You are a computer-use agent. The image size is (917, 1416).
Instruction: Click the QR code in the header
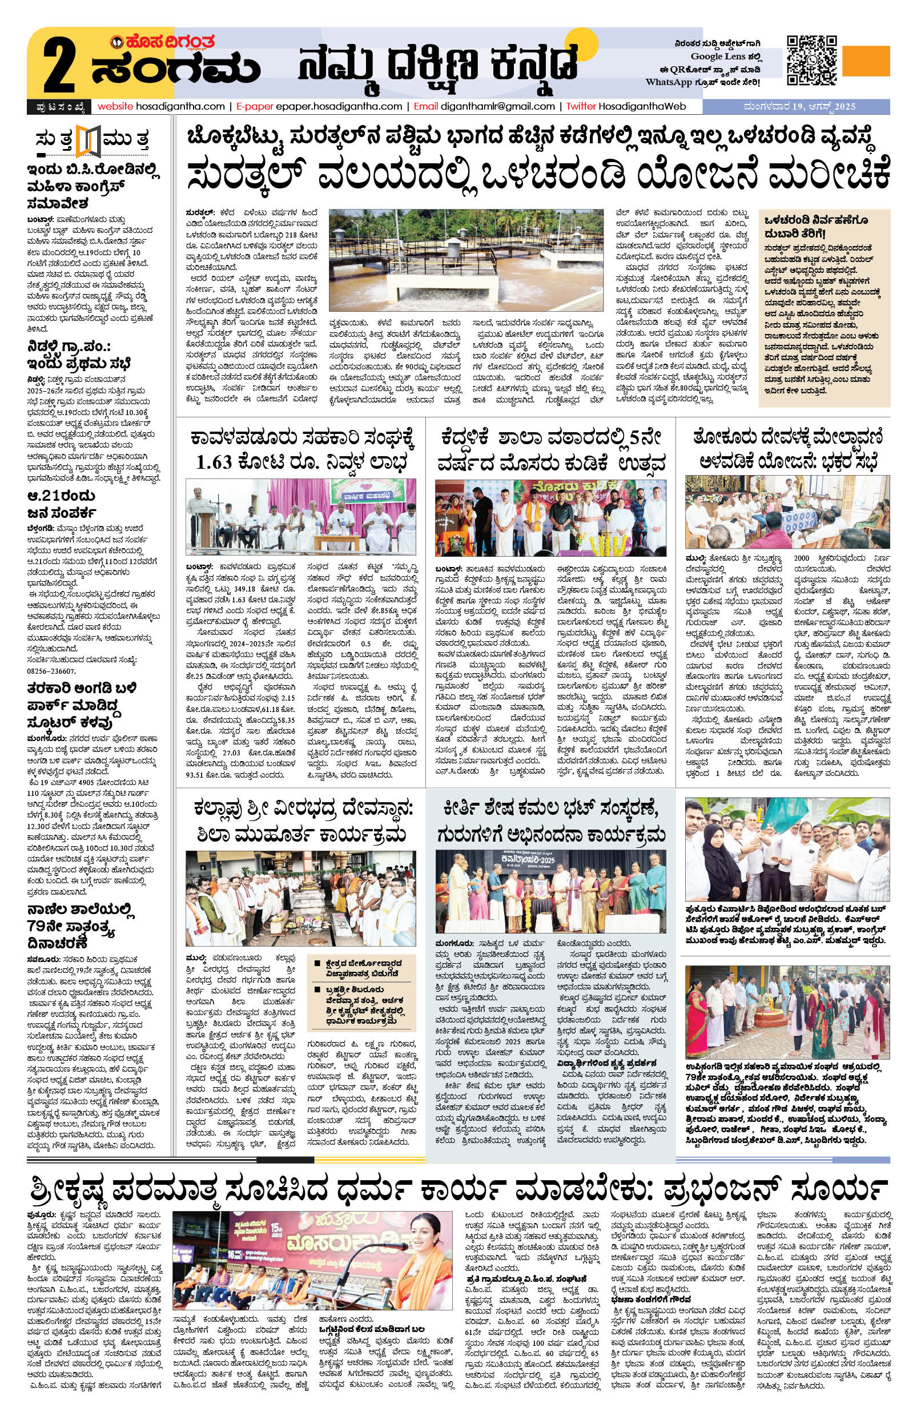coord(810,60)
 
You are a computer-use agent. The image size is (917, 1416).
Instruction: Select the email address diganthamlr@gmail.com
coord(497,107)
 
